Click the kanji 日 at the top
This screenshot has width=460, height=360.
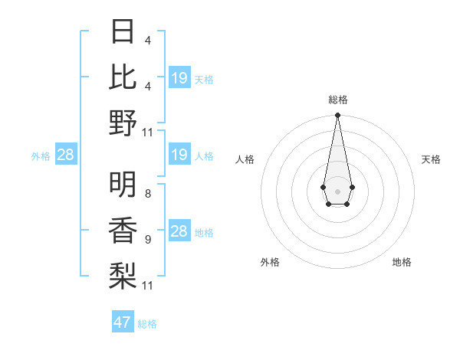(123, 31)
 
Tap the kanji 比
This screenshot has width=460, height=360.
(123, 76)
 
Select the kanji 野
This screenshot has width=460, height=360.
(123, 123)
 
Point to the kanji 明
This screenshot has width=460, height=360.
(123, 184)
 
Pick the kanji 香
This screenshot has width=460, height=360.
(123, 229)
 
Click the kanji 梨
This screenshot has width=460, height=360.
(123, 273)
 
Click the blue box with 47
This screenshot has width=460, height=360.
(123, 322)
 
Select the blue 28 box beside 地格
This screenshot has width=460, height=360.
(179, 232)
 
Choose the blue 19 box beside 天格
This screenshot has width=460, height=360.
(179, 78)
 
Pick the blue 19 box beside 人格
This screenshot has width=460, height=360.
(179, 155)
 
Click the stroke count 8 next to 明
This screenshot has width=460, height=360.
(148, 195)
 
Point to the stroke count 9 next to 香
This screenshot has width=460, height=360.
(148, 240)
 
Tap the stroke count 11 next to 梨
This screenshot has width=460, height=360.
(148, 285)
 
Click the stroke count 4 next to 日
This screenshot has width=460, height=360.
(148, 40)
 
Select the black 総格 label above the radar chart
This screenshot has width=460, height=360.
(338, 100)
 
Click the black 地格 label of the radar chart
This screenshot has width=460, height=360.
(402, 262)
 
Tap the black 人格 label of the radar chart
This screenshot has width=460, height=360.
(245, 159)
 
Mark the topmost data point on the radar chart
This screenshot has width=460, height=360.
(338, 116)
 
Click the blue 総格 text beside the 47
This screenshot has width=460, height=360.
(147, 324)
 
